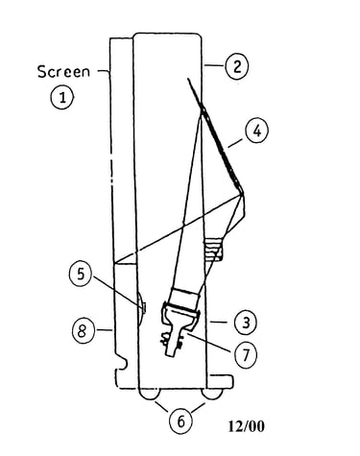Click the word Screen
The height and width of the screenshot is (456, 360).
(63, 72)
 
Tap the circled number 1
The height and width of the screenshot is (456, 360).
(62, 97)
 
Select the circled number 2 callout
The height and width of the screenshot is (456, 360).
(236, 66)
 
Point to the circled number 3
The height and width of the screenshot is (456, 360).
(246, 323)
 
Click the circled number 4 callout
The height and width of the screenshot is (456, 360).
(256, 131)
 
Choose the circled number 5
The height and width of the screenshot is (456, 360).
(81, 274)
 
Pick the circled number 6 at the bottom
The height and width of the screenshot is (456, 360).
(180, 421)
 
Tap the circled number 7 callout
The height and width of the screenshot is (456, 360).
(246, 354)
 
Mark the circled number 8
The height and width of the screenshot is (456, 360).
(83, 330)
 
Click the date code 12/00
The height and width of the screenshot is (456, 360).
(246, 426)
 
